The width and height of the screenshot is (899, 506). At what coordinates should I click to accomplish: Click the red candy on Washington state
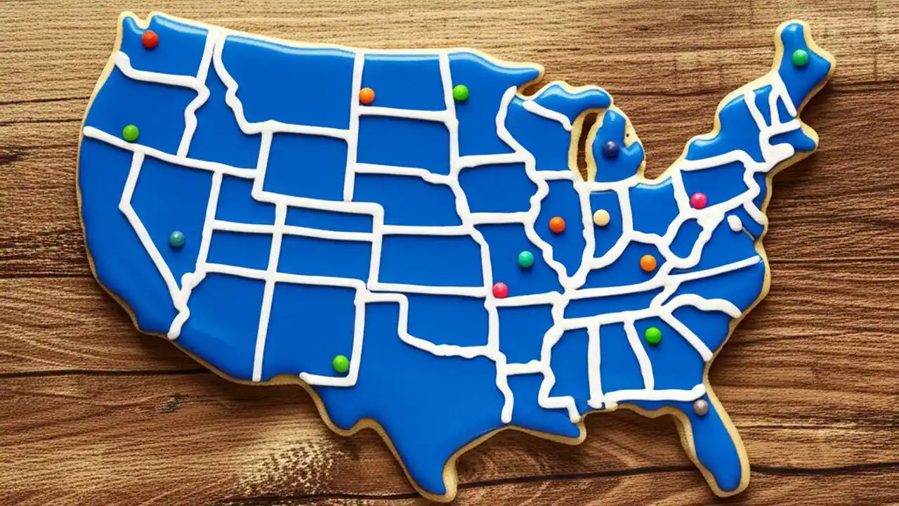[150, 39]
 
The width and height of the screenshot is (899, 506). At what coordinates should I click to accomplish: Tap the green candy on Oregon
[131, 133]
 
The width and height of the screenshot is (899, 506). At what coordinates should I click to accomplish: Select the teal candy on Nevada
[177, 240]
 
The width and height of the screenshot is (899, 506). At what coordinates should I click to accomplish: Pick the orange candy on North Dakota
[367, 96]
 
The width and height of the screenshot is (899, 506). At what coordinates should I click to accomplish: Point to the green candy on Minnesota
[461, 93]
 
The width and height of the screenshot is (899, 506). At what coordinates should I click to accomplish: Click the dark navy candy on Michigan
[611, 149]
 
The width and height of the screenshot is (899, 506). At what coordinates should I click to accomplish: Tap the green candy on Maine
[800, 58]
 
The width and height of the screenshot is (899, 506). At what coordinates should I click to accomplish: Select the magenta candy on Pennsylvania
[698, 200]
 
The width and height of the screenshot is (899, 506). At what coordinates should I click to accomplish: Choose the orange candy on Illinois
[557, 225]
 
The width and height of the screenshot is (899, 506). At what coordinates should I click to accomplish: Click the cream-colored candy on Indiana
[601, 218]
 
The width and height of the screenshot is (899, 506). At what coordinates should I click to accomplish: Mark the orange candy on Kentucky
[648, 263]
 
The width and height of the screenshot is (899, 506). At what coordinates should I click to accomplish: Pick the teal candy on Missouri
[526, 259]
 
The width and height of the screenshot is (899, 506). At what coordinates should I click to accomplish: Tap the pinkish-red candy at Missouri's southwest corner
[500, 290]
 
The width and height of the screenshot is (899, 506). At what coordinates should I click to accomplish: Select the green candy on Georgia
[653, 335]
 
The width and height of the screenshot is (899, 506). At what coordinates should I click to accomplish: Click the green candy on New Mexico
[341, 363]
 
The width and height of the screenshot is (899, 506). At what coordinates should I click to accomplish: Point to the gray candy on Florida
[700, 407]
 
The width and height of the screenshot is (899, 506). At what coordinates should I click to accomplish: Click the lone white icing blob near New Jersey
[735, 223]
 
